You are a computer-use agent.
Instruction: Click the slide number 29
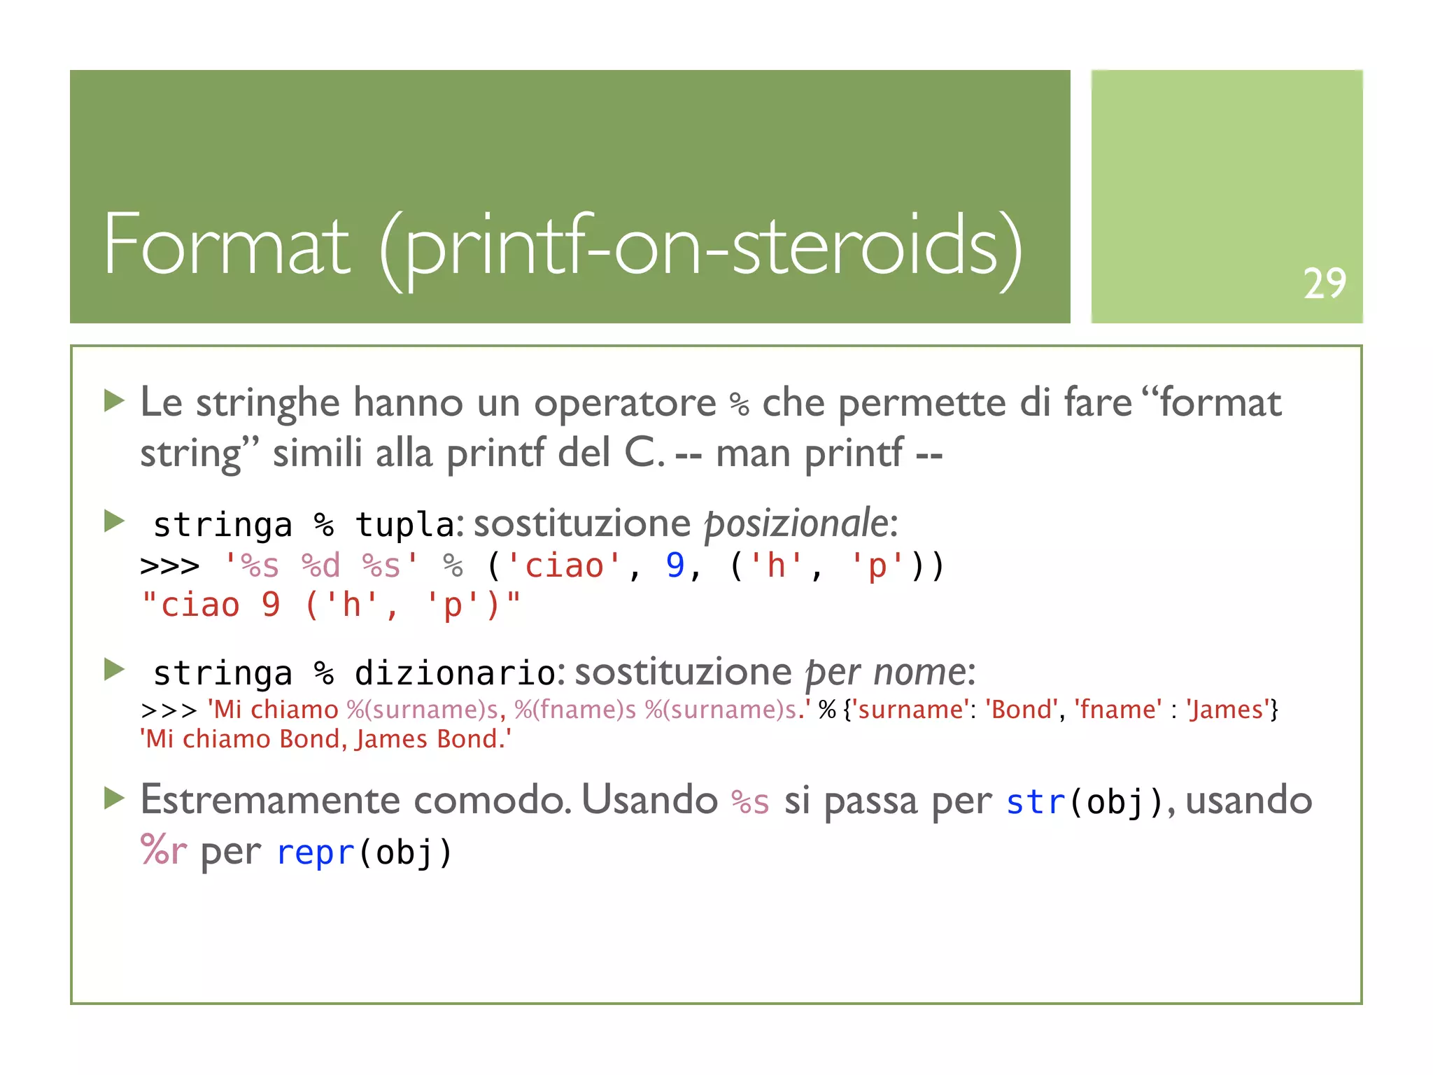[x=1324, y=283]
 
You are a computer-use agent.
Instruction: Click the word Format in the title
[x=226, y=245]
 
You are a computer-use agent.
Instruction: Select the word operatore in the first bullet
[x=624, y=405]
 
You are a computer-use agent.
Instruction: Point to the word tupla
[x=405, y=525]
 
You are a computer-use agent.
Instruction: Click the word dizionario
[x=455, y=673]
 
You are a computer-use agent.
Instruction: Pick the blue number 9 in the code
[x=675, y=565]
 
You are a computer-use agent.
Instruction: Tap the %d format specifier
[x=320, y=565]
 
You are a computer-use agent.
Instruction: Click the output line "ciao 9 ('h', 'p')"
[x=330, y=605]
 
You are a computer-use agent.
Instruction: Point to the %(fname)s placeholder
[x=575, y=710]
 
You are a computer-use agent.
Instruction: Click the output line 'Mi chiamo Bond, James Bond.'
[x=325, y=739]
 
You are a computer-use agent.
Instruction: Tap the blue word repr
[x=316, y=852]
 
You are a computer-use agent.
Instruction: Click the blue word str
[x=1036, y=802]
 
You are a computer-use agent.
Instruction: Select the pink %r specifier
[x=163, y=851]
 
